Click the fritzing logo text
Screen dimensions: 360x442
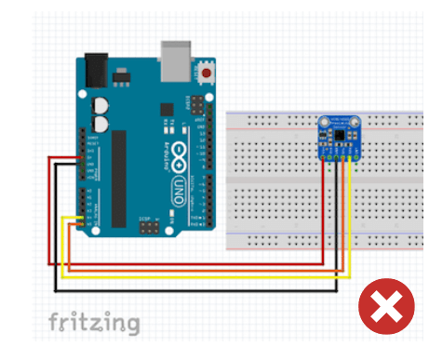[95, 323]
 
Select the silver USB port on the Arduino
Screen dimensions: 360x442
[174, 60]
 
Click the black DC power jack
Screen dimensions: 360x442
[97, 68]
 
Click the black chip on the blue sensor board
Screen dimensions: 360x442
[342, 137]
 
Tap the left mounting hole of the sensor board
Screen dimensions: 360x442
[324, 122]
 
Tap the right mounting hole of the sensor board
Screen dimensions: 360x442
[354, 122]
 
